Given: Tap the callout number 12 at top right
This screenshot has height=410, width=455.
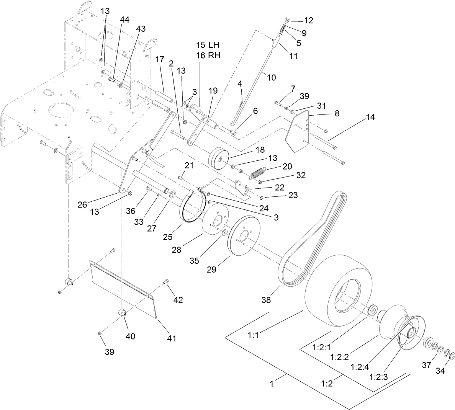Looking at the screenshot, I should [x=308, y=21].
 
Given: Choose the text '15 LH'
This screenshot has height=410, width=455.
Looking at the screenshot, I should [x=209, y=44].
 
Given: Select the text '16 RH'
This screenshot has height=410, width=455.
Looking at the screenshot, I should [x=209, y=55].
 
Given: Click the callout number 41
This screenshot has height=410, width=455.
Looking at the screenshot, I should [x=171, y=338].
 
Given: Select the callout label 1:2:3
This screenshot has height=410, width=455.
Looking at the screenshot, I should [x=379, y=377].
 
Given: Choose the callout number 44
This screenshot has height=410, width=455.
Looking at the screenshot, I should [x=124, y=19].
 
